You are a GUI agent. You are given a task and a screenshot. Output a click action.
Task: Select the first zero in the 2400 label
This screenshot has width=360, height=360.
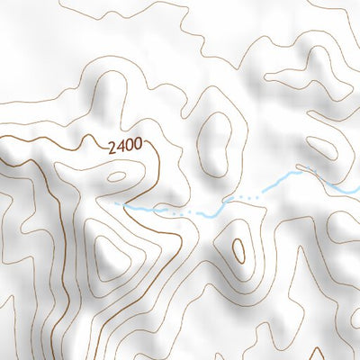click(x=130, y=144)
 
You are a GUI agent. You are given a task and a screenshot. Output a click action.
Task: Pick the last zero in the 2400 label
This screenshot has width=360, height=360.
click(x=139, y=144)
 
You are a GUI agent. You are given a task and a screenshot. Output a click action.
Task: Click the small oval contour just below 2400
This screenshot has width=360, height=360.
click(x=116, y=176)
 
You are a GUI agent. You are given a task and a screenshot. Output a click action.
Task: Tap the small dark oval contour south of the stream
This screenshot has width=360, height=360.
click(x=238, y=250)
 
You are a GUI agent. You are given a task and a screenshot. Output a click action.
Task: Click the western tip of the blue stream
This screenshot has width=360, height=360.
click(x=115, y=203)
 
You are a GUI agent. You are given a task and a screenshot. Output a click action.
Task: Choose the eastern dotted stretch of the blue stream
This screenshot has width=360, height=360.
click(x=245, y=195)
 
